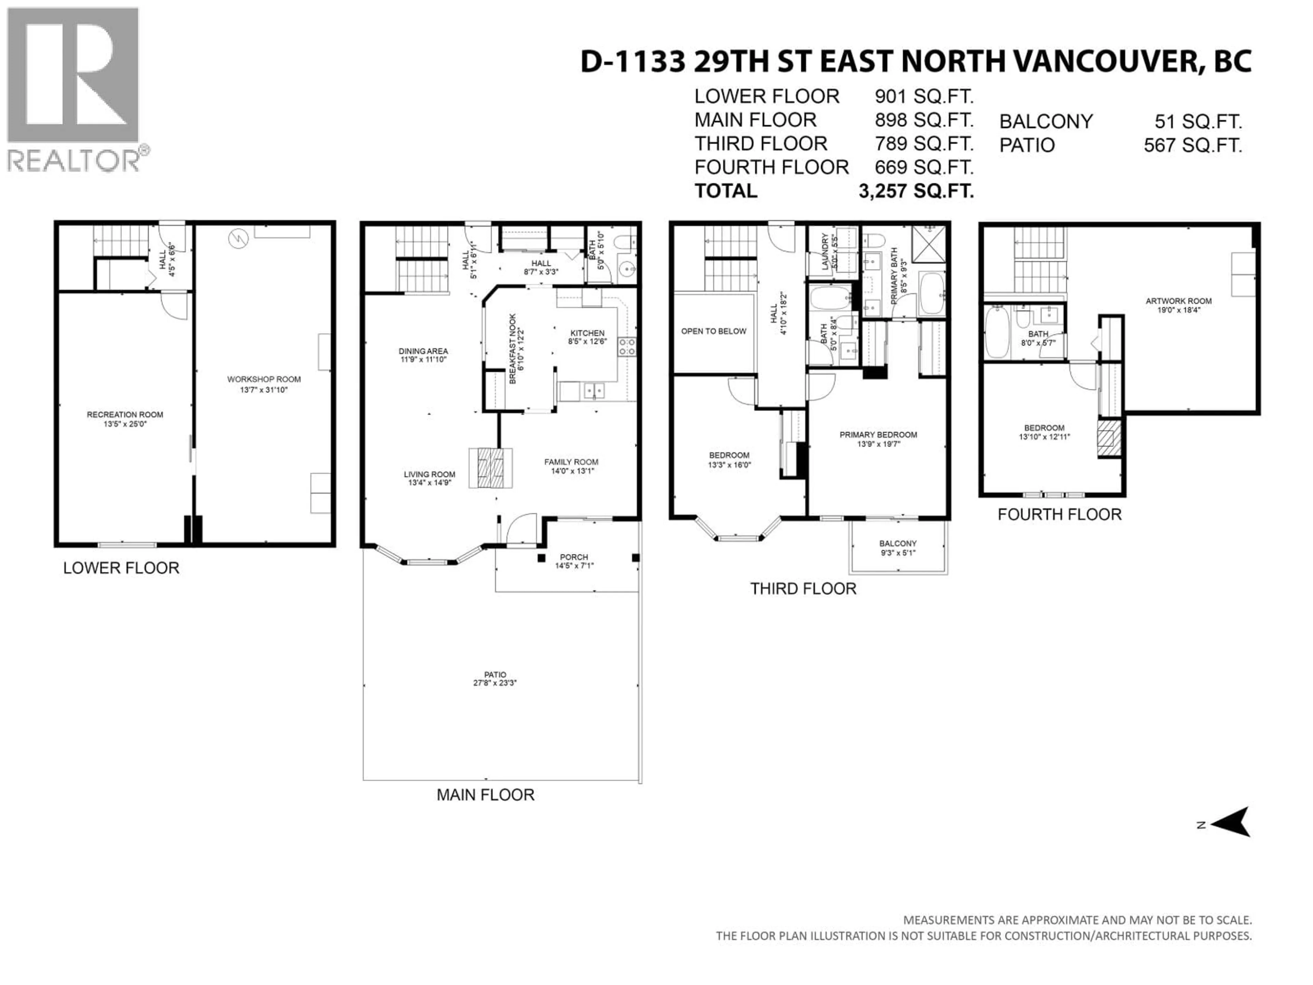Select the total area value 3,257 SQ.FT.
[x=916, y=191]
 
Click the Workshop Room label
[x=264, y=379]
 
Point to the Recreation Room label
[x=125, y=415]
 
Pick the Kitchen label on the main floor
[x=587, y=333]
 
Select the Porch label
[x=574, y=557]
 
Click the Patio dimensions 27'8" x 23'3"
[x=495, y=683]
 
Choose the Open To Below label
[x=714, y=331]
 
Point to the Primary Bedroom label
[x=878, y=435]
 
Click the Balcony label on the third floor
[x=898, y=543]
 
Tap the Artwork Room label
[x=1178, y=301]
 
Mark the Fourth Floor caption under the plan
[x=1060, y=514]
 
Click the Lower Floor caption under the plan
[x=121, y=568]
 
